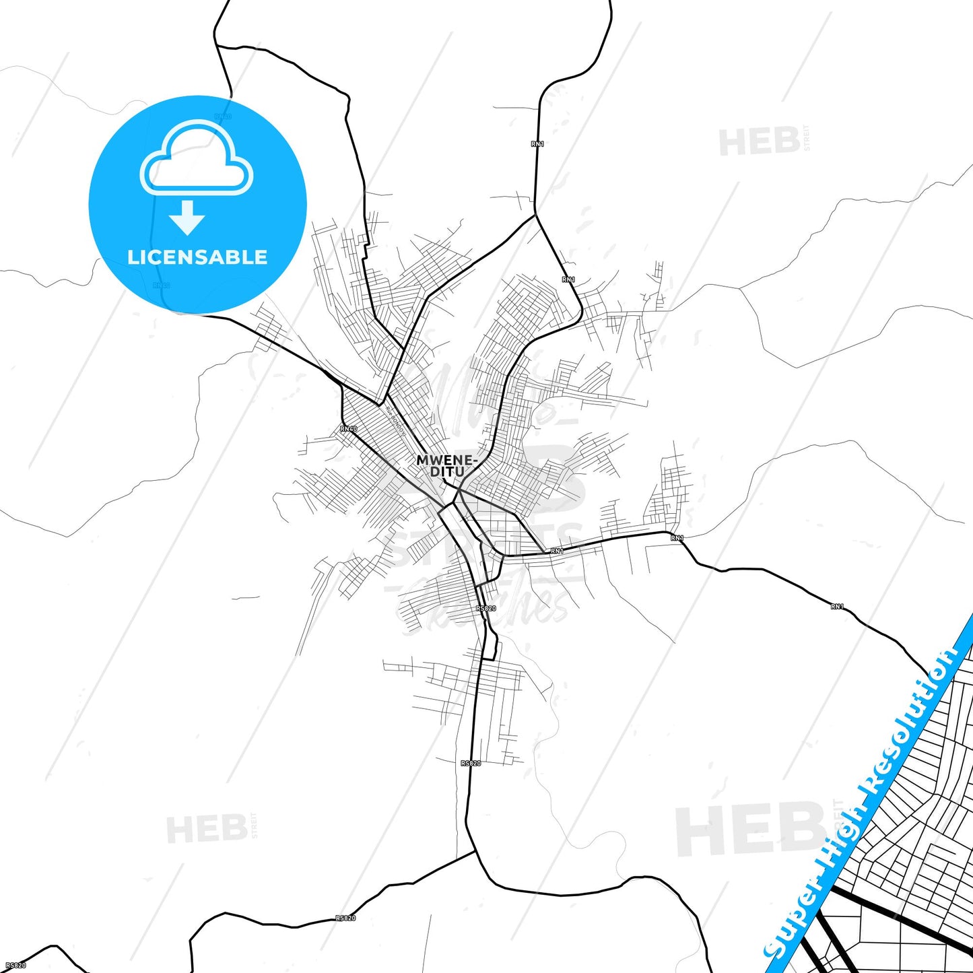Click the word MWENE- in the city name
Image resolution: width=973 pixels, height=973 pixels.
pyautogui.click(x=447, y=461)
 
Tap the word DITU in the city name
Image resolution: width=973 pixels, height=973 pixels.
pyautogui.click(x=447, y=472)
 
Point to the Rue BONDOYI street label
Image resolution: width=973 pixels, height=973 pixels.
pyautogui.click(x=395, y=418)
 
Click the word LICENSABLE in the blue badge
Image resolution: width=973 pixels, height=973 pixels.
pyautogui.click(x=197, y=257)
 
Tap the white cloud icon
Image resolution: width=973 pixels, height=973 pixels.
pyautogui.click(x=197, y=158)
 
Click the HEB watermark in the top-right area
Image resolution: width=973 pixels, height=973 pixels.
pyautogui.click(x=760, y=142)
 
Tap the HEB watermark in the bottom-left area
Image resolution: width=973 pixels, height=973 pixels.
pyautogui.click(x=207, y=829)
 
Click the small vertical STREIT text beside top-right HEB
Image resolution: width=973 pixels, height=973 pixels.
pyautogui.click(x=807, y=138)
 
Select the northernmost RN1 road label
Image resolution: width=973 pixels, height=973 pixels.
pyautogui.click(x=537, y=144)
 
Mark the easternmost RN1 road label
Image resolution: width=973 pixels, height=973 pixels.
pyautogui.click(x=837, y=607)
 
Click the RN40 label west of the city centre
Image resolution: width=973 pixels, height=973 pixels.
pyautogui.click(x=349, y=429)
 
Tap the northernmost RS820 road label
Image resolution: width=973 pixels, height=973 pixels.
pyautogui.click(x=485, y=609)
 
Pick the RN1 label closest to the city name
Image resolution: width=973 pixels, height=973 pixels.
pyautogui.click(x=557, y=551)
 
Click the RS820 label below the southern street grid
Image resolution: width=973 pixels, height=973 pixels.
pyautogui.click(x=471, y=764)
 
